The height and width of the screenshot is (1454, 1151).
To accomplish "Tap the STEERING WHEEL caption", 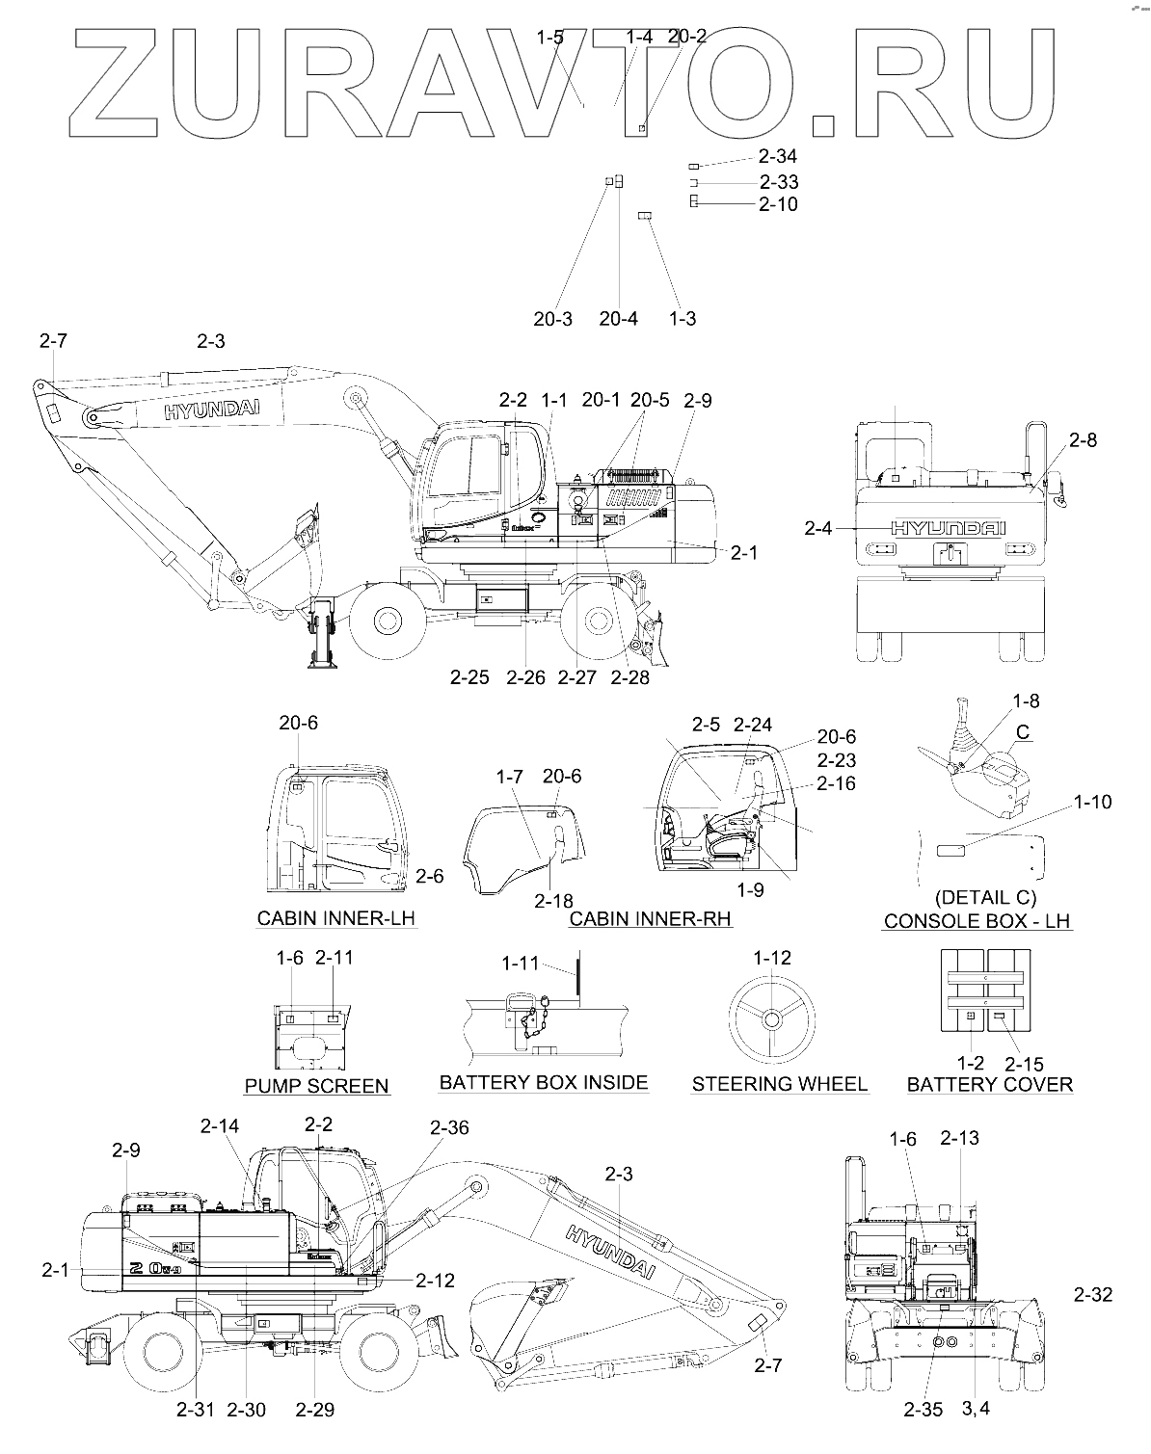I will [x=779, y=1084].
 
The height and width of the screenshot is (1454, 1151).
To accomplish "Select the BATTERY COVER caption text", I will [x=989, y=1085].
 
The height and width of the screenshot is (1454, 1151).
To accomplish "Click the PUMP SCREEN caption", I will [x=316, y=1086].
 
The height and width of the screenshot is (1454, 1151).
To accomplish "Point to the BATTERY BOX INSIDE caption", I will [x=544, y=1082].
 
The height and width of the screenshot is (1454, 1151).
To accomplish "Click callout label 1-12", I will [x=771, y=958].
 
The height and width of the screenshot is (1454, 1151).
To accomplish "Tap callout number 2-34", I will [x=778, y=156].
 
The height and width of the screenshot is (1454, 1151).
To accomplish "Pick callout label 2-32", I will [x=1092, y=1295].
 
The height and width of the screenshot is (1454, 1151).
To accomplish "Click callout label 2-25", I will [x=469, y=678].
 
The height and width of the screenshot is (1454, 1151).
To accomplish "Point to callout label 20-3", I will [x=552, y=319].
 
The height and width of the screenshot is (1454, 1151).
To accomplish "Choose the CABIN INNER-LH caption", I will [x=335, y=917].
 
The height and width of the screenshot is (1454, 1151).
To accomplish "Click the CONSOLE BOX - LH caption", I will [x=977, y=920].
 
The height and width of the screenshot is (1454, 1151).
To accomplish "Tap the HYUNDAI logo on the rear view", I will [x=948, y=529].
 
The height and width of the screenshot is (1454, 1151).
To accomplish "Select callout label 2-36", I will [x=449, y=1127].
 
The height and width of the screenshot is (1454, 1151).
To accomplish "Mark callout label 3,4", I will [x=976, y=1410].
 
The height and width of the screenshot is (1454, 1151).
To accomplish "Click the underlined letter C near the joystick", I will [x=1024, y=733].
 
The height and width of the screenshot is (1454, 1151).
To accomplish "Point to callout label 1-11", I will [x=521, y=964].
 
